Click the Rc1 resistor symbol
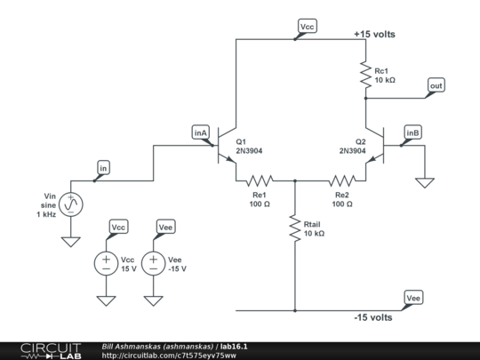click(x=365, y=75)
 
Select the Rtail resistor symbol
click(x=295, y=228)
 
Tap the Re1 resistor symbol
click(x=260, y=181)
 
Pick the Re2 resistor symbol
click(x=342, y=181)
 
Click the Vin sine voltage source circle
click(x=71, y=204)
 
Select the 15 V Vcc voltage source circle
click(x=106, y=263)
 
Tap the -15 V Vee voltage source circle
click(x=154, y=263)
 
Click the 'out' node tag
click(x=436, y=85)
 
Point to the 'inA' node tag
click(x=201, y=132)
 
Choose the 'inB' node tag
click(x=412, y=132)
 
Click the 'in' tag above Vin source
click(x=103, y=168)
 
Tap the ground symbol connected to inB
click(x=425, y=183)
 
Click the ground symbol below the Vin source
click(x=71, y=242)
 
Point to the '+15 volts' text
click(x=374, y=34)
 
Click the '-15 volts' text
click(x=373, y=317)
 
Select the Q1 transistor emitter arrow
click(x=230, y=159)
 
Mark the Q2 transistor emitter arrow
click(x=371, y=159)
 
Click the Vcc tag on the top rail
click(x=308, y=27)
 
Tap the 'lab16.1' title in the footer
click(x=234, y=347)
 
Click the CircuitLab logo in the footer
click(x=52, y=351)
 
